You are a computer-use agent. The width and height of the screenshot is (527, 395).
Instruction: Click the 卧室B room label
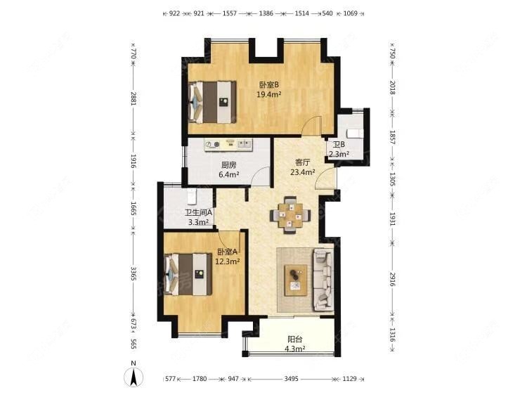[268, 85]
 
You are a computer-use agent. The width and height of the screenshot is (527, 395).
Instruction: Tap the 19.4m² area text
[269, 94]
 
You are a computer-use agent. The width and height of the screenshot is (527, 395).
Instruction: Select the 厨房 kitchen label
[228, 165]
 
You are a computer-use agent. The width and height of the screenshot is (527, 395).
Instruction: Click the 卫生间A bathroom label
[198, 212]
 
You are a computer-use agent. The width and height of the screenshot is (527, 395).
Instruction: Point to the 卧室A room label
[227, 252]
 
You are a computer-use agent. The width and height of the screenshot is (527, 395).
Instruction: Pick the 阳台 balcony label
[294, 339]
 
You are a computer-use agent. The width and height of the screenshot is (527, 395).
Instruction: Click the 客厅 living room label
[302, 162]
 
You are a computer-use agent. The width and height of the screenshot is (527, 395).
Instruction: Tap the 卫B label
[339, 145]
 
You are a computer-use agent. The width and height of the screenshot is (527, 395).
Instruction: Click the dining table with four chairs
[290, 215]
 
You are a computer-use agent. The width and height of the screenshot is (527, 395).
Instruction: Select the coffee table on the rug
[296, 280]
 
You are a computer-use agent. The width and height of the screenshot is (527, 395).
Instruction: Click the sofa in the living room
[323, 280]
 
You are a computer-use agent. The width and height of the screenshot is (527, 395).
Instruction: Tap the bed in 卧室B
[212, 102]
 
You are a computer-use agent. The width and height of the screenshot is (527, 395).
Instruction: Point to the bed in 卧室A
[188, 274]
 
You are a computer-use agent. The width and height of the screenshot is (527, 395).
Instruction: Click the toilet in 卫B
[355, 134]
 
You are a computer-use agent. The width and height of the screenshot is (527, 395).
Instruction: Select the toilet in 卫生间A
[192, 197]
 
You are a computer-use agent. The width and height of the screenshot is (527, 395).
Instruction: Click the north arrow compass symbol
[134, 375]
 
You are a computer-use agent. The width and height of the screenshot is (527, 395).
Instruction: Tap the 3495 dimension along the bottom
[291, 379]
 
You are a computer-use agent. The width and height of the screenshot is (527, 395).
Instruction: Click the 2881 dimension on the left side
[134, 98]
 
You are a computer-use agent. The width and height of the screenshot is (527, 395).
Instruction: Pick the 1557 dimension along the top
[230, 13]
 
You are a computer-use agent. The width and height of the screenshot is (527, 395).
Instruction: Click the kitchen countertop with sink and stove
[228, 145]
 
